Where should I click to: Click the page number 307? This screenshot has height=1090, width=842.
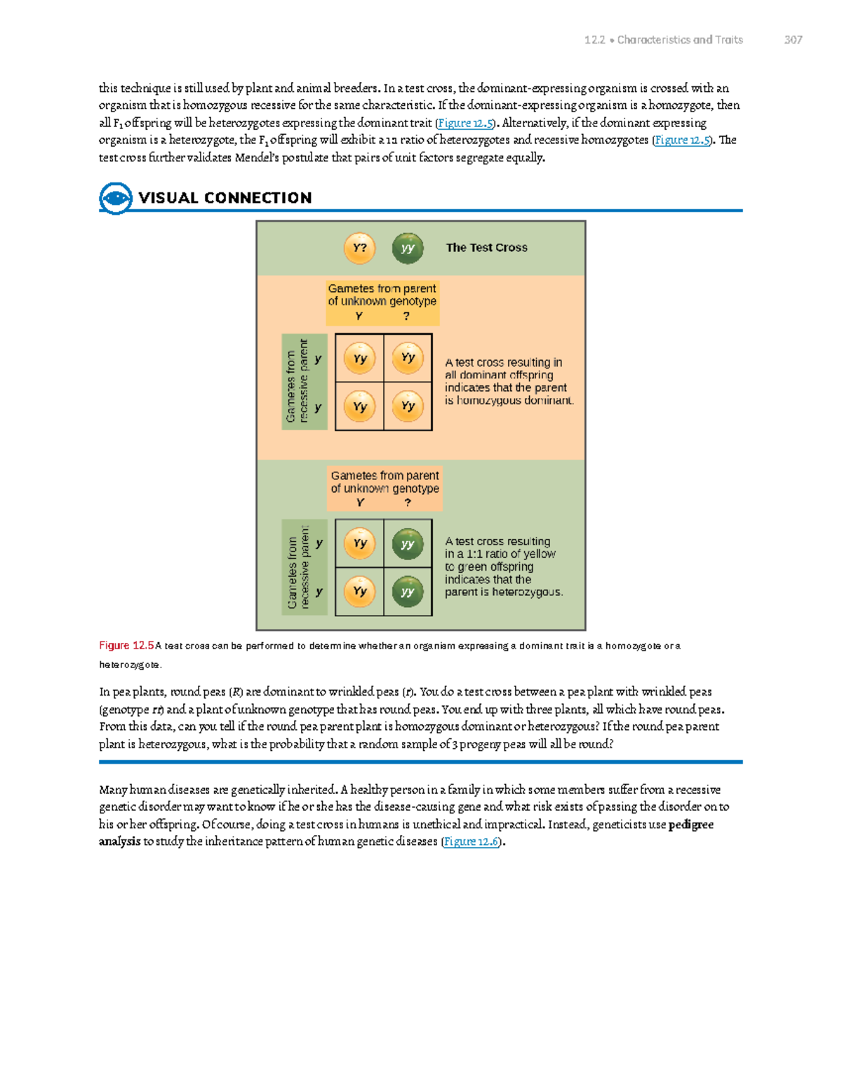coord(793,40)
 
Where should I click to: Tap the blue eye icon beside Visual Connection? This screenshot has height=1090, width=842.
coord(115,198)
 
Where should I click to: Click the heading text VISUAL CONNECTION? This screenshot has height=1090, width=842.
coord(225,198)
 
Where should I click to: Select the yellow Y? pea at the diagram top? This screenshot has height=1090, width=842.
coord(359,248)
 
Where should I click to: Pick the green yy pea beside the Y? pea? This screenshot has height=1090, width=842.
coord(408,248)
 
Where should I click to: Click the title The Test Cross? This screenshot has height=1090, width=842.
coord(486,248)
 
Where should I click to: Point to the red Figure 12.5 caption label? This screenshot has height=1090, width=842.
coord(126,646)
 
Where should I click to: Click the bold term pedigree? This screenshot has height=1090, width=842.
coord(691,825)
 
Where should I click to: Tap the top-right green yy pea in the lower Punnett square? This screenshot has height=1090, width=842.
coord(408,544)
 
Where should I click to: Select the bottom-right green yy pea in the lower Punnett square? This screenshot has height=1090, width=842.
coord(408,592)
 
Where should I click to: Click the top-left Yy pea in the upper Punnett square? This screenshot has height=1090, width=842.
coord(359,358)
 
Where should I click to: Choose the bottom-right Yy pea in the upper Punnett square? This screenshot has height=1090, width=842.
coord(408,406)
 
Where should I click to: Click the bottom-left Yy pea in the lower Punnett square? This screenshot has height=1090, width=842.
coord(359,592)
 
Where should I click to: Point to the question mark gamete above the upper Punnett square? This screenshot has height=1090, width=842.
coord(407,317)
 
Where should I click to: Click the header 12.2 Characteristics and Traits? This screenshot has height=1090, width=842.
coord(663,40)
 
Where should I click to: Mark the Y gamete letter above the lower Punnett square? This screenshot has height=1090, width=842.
coord(360,503)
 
